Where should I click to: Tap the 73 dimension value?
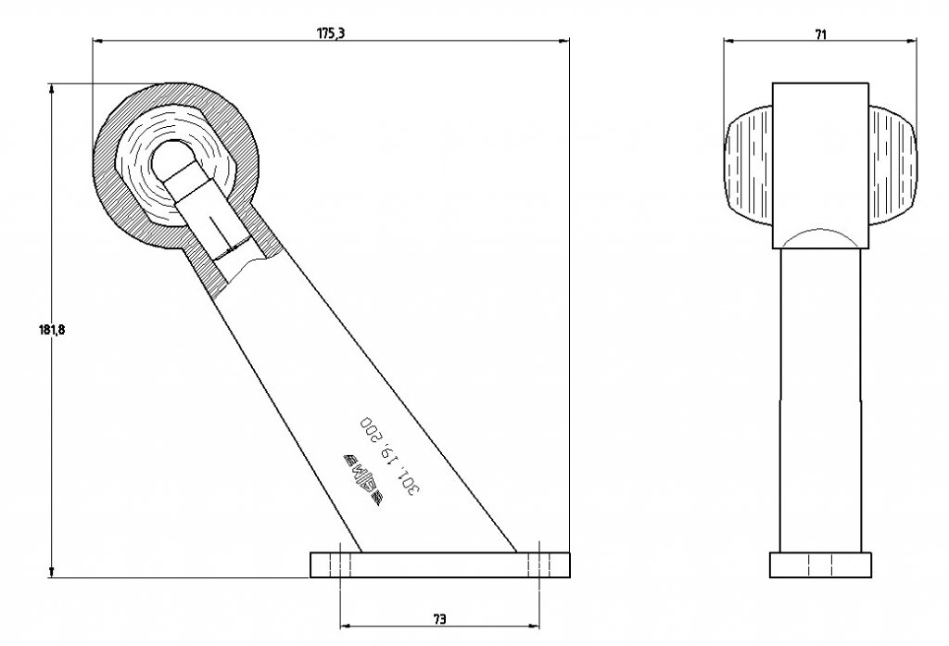tap(439, 618)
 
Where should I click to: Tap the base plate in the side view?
tap(820, 564)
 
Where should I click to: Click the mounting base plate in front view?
tap(439, 564)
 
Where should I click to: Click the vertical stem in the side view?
tap(820, 399)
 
